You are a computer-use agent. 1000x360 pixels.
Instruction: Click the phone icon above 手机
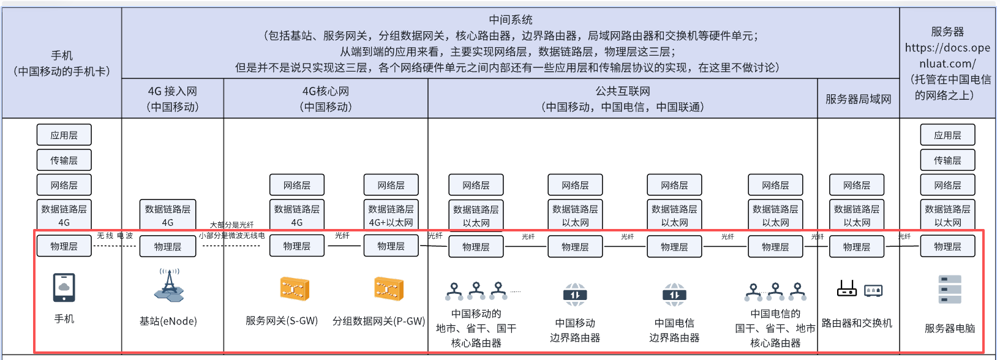point(64,288)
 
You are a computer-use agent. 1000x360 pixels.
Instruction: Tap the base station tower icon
point(169,285)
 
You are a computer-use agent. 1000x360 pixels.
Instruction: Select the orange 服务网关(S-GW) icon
point(295,288)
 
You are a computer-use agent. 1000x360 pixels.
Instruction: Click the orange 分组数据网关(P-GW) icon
point(389,288)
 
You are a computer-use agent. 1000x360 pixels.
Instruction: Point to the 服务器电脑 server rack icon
point(950,290)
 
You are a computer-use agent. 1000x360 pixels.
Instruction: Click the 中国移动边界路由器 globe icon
point(575,294)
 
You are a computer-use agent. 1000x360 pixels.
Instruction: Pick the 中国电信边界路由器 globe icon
point(674,294)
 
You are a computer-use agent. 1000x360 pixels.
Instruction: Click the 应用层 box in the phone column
point(64,135)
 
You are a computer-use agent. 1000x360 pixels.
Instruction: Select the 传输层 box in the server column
point(947,160)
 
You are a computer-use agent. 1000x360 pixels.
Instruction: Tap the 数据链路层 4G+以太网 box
point(391,215)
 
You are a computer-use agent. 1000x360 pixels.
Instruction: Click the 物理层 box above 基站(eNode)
point(167,246)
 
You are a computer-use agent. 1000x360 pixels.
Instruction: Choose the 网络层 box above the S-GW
point(297,185)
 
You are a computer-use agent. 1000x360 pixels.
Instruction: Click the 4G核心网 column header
point(326,99)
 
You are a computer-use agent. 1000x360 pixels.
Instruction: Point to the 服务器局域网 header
point(858,99)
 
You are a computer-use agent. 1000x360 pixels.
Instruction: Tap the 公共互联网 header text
point(622,91)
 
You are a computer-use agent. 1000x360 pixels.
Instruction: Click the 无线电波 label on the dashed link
point(115,236)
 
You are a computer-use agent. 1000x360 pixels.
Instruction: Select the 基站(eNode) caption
point(168,321)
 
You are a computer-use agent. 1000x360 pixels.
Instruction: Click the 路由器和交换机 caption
point(857,323)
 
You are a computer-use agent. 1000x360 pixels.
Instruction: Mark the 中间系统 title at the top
point(511,20)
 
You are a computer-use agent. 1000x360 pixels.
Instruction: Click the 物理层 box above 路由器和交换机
point(857,247)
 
